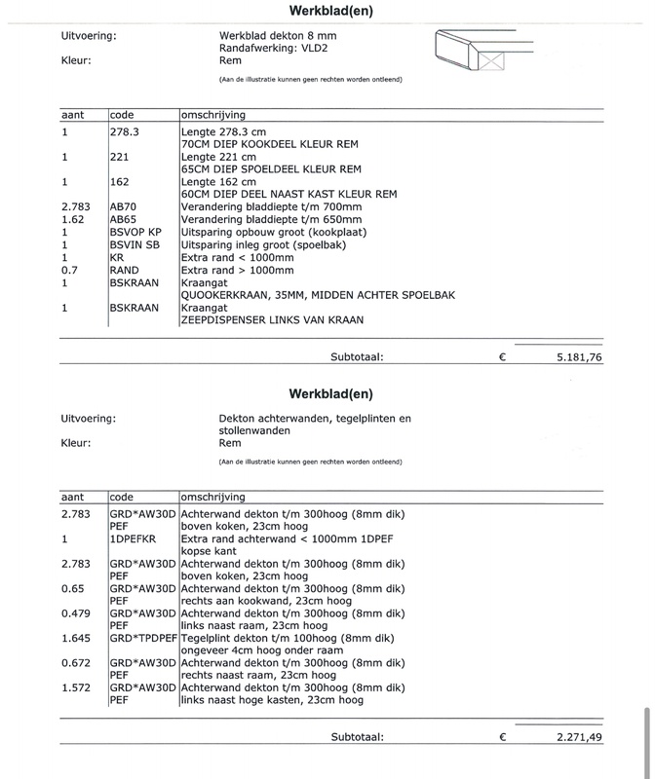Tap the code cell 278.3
click(124, 130)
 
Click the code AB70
click(124, 206)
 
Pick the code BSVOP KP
click(135, 232)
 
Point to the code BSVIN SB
click(135, 244)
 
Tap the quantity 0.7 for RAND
click(67, 270)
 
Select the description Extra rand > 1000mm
click(244, 270)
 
